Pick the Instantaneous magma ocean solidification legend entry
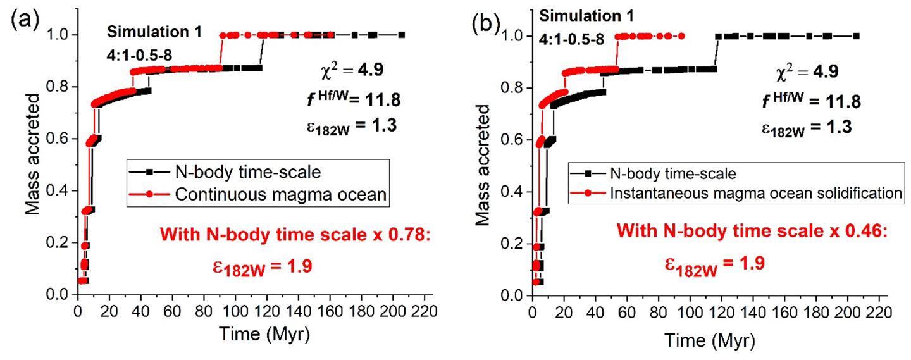pyautogui.click(x=756, y=193)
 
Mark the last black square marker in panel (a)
pyautogui.click(x=401, y=35)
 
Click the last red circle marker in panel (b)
pyautogui.click(x=681, y=36)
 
